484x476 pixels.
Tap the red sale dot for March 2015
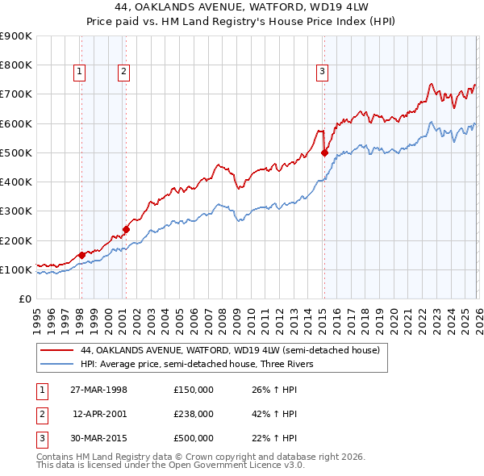coord(324,152)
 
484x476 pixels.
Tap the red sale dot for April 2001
coord(126,229)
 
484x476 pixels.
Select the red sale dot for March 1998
coord(82,256)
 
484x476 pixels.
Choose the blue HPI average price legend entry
coord(201,364)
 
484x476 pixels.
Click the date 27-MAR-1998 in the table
coord(98,390)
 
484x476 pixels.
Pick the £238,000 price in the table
coord(194,414)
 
